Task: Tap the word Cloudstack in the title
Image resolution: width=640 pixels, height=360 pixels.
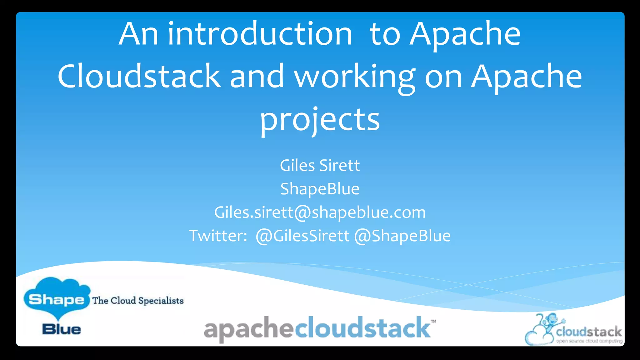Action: click(x=139, y=76)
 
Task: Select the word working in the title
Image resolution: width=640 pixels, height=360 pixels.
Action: click(x=355, y=77)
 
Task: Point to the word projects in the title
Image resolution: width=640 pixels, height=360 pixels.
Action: click(x=320, y=120)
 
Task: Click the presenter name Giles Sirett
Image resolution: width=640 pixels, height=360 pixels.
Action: click(x=320, y=165)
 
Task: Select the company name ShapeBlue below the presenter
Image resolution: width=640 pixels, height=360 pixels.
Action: click(x=320, y=189)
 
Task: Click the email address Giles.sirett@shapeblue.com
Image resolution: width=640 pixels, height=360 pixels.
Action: click(x=320, y=212)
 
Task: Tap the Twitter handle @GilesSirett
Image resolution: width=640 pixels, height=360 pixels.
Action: click(x=302, y=236)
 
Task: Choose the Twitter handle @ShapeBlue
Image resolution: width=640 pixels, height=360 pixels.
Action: click(x=402, y=236)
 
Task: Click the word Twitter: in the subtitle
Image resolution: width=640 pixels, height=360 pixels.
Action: click(x=218, y=236)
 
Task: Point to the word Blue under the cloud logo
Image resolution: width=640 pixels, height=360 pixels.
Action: click(x=62, y=329)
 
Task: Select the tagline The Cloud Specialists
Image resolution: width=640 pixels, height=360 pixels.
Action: click(x=138, y=301)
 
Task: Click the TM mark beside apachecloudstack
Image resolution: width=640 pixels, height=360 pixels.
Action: click(x=433, y=322)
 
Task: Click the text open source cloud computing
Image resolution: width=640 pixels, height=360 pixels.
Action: click(x=589, y=341)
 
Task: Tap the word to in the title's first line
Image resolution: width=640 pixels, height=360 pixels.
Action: click(x=385, y=34)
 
